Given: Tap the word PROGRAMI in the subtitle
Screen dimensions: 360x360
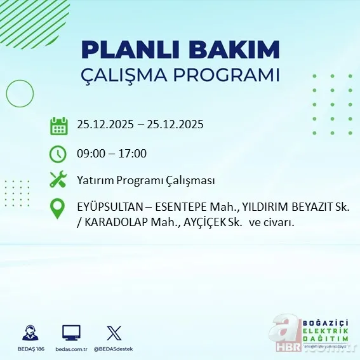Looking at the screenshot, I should click(x=227, y=74).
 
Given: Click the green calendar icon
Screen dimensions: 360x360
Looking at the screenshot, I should click(x=58, y=125).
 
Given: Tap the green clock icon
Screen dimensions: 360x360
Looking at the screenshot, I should click(x=58, y=154).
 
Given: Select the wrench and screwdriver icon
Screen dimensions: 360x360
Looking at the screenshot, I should click(x=58, y=180).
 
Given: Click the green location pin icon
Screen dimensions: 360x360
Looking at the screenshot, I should click(x=58, y=209).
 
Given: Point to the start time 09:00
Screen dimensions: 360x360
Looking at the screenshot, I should click(x=90, y=154).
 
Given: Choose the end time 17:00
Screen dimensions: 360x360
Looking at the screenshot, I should click(x=134, y=154).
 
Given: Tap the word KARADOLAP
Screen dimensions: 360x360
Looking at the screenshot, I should click(x=110, y=222).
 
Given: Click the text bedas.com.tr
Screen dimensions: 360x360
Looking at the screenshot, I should click(x=71, y=349).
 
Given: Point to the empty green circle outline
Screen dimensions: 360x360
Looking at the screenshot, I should click(x=20, y=95).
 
